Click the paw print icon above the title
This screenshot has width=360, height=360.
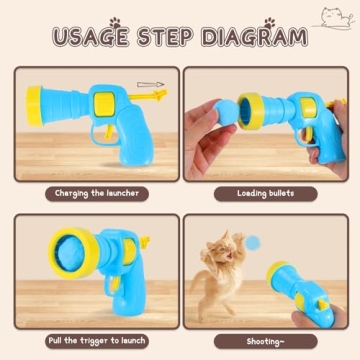(x=117, y=20)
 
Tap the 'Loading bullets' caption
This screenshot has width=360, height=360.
(x=264, y=192)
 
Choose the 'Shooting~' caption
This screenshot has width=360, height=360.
(x=264, y=340)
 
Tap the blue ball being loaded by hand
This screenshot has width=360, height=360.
(x=225, y=111)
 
